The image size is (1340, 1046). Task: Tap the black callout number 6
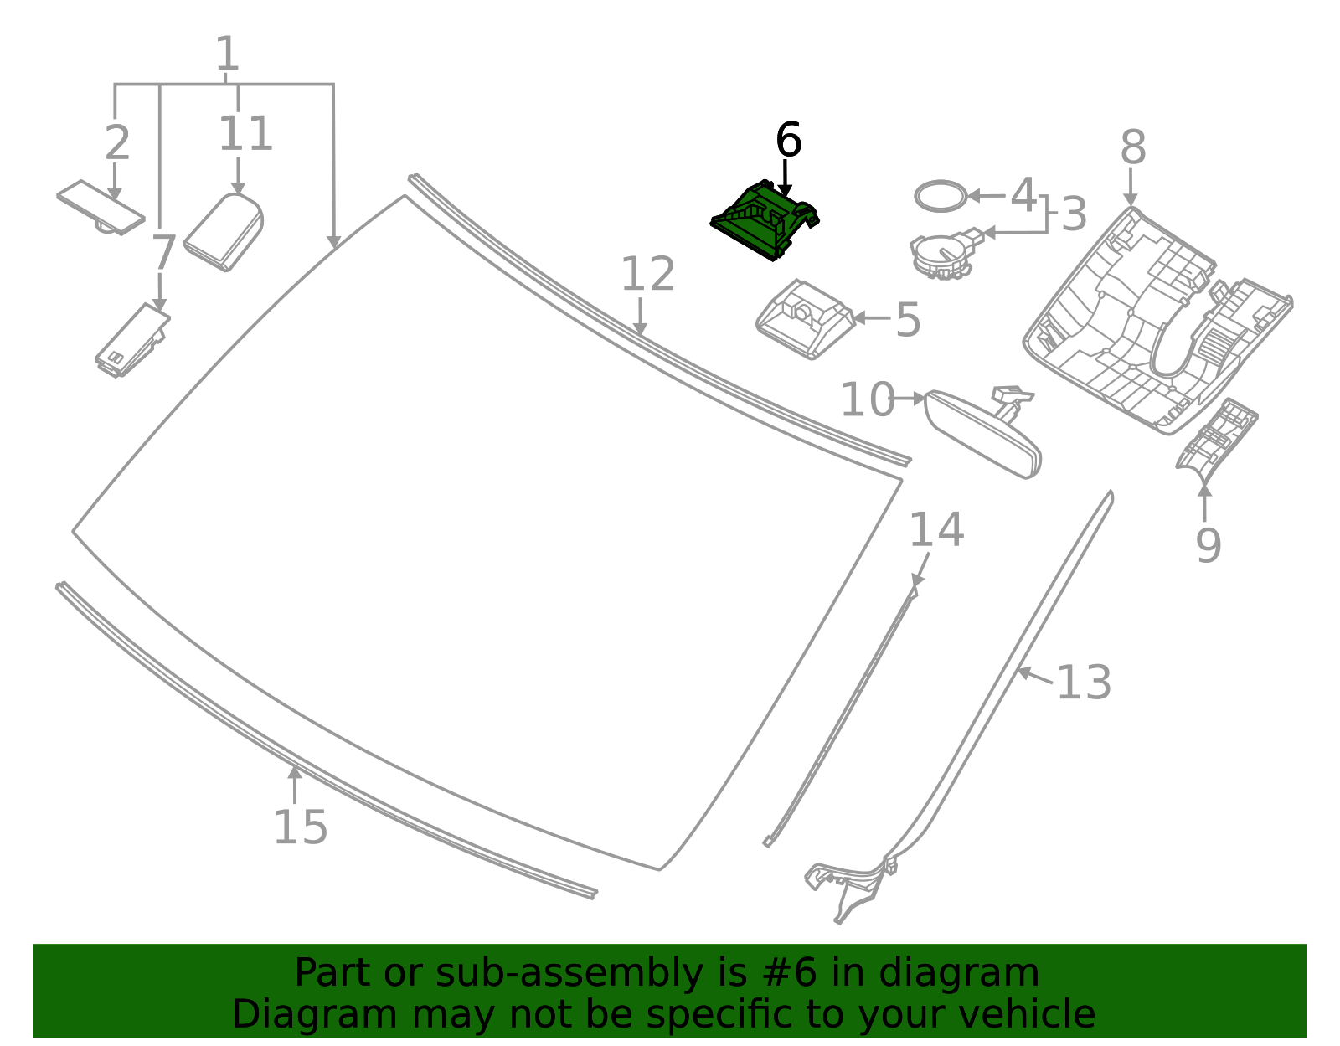788,141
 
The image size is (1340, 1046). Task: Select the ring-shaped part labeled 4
939,196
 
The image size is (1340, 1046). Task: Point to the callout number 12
647,275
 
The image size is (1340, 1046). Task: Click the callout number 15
300,828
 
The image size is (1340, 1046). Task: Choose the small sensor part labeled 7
131,341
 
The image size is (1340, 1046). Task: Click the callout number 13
1084,683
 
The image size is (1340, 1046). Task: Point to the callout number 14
936,530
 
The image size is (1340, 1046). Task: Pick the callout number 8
1132,148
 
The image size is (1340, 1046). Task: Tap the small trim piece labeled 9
1216,435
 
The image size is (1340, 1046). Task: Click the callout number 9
1208,545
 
